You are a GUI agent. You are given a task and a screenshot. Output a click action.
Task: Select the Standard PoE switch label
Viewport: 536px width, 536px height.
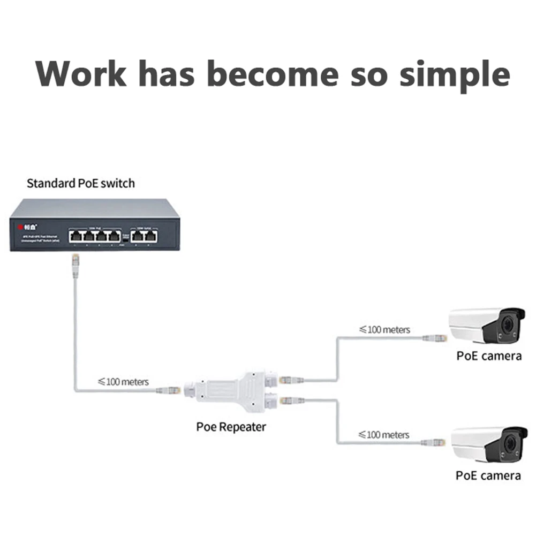click(81, 184)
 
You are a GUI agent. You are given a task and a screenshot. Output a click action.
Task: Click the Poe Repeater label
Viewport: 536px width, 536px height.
click(231, 427)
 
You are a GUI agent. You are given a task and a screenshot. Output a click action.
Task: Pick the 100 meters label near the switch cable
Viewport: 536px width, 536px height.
click(123, 382)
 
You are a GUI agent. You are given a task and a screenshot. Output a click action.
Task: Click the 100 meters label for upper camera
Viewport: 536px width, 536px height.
click(384, 329)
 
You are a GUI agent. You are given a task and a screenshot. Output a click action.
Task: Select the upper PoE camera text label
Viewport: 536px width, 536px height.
click(488, 356)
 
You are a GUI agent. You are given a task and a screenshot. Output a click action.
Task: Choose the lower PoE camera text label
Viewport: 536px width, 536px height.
click(488, 475)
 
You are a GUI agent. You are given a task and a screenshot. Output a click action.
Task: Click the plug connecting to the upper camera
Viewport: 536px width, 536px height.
click(434, 338)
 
